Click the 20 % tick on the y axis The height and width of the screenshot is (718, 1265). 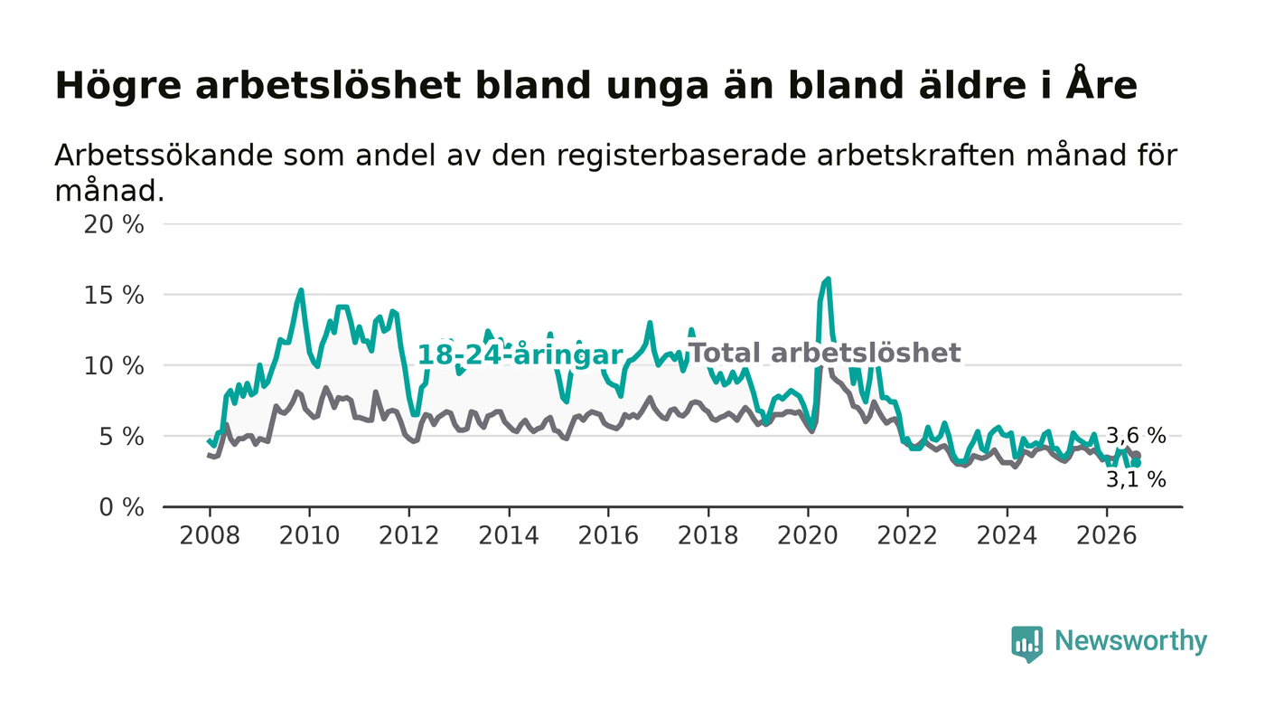click(114, 225)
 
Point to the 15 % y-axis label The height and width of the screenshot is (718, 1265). click(114, 296)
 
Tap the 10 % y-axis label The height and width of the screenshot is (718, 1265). click(114, 366)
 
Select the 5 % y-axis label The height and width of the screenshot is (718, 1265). click(121, 437)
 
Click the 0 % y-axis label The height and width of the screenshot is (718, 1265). click(121, 507)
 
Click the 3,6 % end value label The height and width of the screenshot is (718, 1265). click(1136, 436)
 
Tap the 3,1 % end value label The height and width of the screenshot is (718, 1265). click(1136, 480)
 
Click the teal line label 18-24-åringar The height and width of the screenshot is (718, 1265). click(520, 355)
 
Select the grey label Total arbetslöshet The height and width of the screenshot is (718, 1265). click(826, 354)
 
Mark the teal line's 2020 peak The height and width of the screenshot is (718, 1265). click(828, 279)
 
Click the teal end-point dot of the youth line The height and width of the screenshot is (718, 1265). click(1137, 463)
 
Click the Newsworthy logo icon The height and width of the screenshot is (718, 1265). click(1026, 644)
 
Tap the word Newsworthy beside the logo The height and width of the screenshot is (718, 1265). click(1130, 641)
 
